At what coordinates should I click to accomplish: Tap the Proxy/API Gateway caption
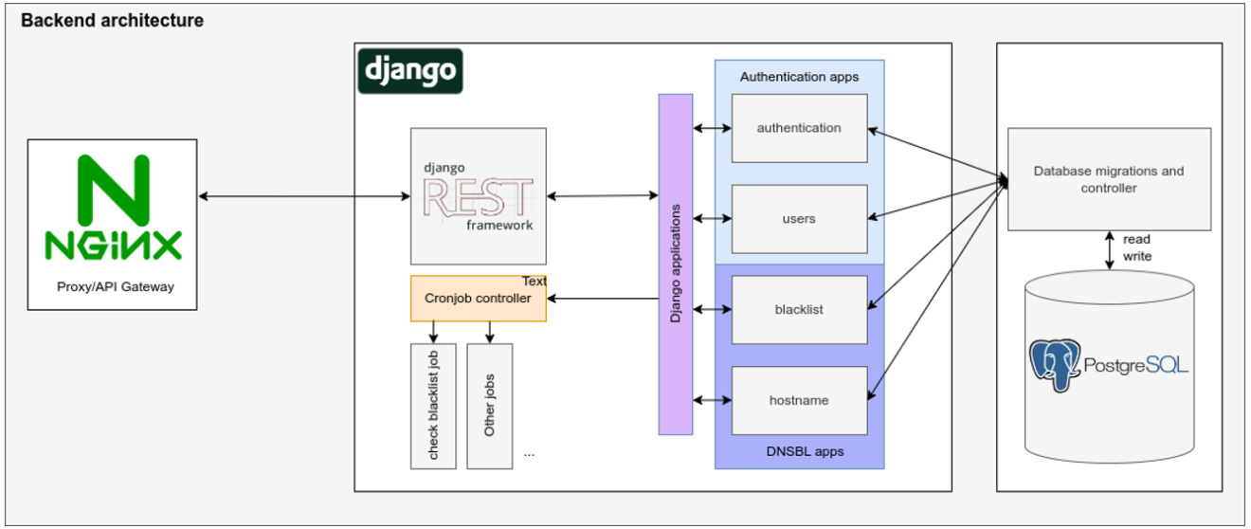click(x=113, y=286)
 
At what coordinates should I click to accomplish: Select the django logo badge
click(x=410, y=71)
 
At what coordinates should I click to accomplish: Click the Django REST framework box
click(x=479, y=196)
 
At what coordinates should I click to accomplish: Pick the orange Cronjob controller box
click(x=479, y=299)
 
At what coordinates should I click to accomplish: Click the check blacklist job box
click(x=433, y=406)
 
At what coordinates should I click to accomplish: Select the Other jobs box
click(x=490, y=406)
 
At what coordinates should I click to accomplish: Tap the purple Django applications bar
click(x=676, y=264)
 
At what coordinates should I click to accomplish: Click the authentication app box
click(x=799, y=128)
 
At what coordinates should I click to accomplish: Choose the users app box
click(x=799, y=219)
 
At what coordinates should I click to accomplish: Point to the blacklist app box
click(x=799, y=310)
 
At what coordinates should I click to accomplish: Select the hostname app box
click(x=799, y=401)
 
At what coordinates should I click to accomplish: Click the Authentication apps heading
click(x=799, y=77)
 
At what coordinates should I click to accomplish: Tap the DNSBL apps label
click(x=805, y=451)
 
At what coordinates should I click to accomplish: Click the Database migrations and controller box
click(x=1109, y=179)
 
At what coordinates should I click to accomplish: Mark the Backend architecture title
click(x=112, y=20)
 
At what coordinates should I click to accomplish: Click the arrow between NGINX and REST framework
click(x=303, y=196)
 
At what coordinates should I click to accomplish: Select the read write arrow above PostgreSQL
click(x=1109, y=248)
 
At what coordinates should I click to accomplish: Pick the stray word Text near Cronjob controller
click(x=535, y=282)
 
